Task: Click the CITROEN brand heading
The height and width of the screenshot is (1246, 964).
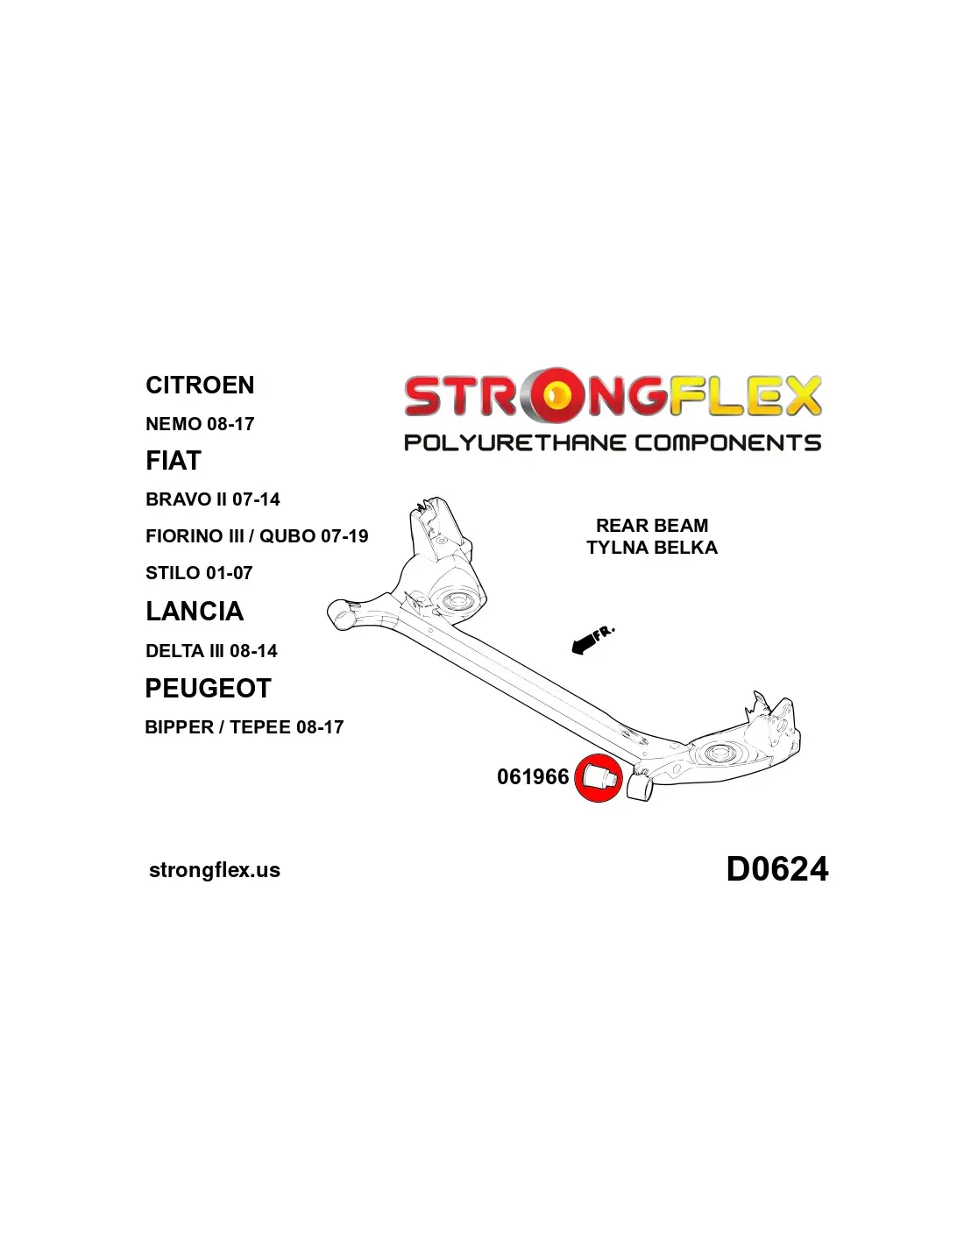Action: click(200, 385)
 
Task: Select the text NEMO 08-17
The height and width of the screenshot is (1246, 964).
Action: click(200, 424)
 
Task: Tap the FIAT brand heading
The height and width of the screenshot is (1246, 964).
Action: click(174, 460)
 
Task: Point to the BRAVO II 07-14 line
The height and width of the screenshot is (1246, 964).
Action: click(213, 499)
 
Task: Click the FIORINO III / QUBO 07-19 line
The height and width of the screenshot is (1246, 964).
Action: click(257, 536)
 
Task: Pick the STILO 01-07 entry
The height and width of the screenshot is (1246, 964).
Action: click(199, 573)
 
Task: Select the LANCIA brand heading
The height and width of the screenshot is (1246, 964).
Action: click(195, 612)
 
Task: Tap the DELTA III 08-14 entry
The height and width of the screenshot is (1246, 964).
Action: click(211, 651)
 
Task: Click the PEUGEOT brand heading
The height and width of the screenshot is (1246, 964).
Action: click(208, 688)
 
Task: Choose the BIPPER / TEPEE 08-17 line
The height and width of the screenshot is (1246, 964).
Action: click(245, 727)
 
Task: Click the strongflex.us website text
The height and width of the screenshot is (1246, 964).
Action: click(215, 870)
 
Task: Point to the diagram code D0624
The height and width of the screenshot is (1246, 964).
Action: click(777, 869)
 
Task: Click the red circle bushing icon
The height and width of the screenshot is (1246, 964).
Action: click(598, 777)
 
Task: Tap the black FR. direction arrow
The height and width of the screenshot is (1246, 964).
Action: click(583, 645)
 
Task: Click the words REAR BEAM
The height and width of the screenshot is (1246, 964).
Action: click(652, 525)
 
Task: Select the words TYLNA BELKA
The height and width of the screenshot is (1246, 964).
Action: click(652, 548)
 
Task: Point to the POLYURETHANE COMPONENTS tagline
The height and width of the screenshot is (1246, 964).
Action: click(613, 443)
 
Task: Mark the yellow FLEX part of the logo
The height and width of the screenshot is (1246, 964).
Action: click(744, 395)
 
